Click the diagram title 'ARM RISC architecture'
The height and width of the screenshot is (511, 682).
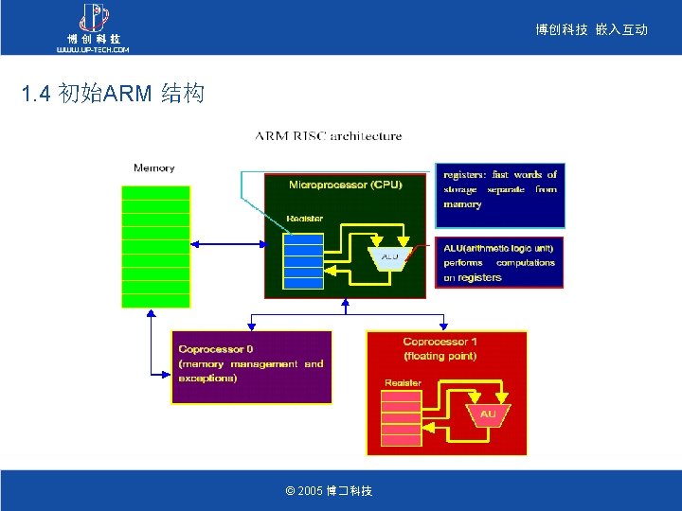(328, 136)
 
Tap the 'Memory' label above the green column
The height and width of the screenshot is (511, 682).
(154, 168)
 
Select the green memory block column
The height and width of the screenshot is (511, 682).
(156, 246)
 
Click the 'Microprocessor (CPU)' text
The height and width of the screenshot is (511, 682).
(345, 185)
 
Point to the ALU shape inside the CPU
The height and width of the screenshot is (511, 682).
(389, 257)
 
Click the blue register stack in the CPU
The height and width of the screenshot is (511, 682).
(303, 260)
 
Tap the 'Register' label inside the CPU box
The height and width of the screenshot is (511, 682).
(305, 219)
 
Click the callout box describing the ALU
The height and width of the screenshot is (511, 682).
(499, 262)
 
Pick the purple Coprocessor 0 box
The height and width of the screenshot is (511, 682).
(251, 366)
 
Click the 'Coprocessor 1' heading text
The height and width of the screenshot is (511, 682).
(440, 342)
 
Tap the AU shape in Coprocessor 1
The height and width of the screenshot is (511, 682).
(488, 414)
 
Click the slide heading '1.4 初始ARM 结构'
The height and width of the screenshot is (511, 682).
(112, 95)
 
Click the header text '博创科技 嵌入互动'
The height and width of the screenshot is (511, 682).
(591, 30)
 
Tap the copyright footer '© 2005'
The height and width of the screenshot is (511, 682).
(329, 491)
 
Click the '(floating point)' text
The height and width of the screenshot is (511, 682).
(440, 356)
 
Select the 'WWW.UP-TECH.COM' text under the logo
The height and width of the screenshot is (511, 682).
(93, 49)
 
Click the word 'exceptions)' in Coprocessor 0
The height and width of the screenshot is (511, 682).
(207, 379)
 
